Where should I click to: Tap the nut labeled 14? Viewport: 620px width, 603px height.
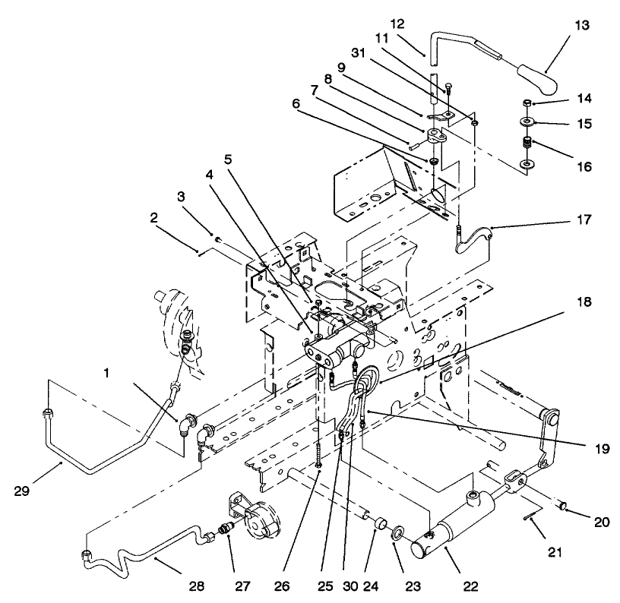(x=526, y=103)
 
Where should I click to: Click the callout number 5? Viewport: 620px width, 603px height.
(x=227, y=159)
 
